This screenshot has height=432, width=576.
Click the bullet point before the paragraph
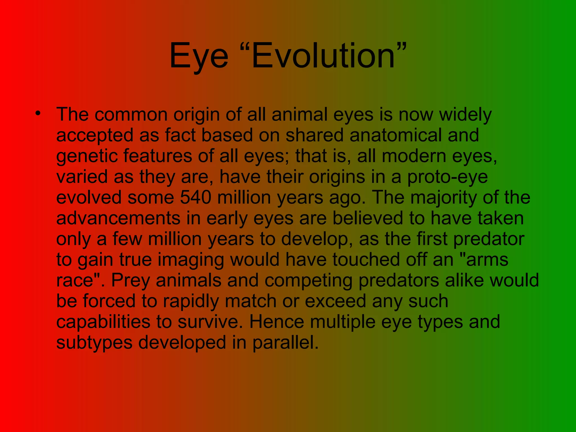tap(38, 114)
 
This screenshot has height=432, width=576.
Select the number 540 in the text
tap(195, 197)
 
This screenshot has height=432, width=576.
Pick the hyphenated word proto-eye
tap(447, 177)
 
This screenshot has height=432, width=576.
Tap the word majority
tap(443, 198)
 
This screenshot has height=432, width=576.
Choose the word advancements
tap(118, 218)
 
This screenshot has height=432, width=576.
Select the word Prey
tap(130, 281)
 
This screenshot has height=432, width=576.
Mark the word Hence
tap(277, 322)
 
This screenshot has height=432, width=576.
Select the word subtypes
tap(94, 343)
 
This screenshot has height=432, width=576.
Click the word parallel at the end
tap(285, 342)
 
